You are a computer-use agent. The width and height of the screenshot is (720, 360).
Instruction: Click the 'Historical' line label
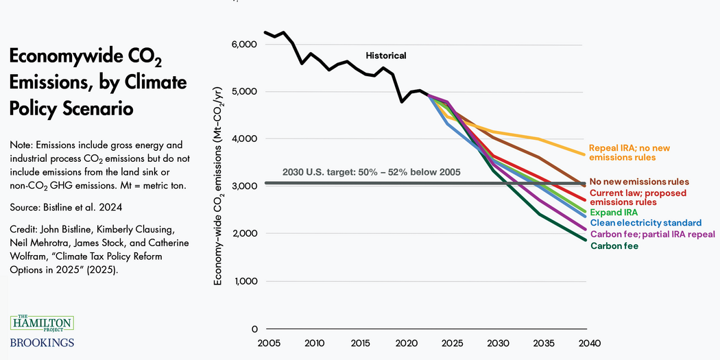[385, 56]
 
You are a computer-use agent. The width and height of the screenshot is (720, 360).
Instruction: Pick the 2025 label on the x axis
[452, 342]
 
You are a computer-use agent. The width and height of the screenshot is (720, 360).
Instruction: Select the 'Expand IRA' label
[614, 213]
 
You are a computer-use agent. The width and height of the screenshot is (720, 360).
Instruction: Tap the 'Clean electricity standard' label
[645, 223]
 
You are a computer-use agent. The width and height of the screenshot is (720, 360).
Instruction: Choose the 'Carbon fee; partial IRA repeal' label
[652, 234]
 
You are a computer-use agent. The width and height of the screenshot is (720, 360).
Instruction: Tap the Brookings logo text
[42, 342]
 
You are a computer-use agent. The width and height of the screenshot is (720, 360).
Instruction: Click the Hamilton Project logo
[42, 322]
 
